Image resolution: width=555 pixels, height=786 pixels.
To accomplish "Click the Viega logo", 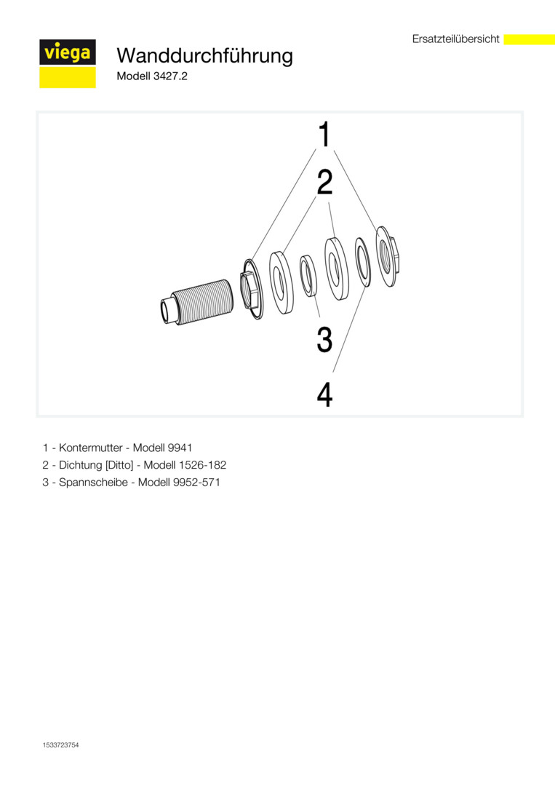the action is tap(68, 63).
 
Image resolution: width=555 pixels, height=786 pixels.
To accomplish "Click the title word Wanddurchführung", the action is tap(204, 55).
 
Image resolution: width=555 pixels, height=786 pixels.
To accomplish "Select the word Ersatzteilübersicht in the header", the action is tap(456, 39).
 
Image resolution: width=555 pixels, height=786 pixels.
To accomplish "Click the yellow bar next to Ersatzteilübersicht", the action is tap(529, 39).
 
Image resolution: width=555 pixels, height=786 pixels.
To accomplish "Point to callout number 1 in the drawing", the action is tap(325, 134).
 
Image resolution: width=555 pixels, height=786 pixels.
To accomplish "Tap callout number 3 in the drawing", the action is tap(324, 339).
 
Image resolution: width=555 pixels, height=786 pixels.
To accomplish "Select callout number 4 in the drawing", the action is tap(324, 394).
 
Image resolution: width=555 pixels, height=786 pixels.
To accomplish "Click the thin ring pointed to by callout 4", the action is tap(363, 262).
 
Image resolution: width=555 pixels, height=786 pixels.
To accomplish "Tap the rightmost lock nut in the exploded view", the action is tap(387, 256).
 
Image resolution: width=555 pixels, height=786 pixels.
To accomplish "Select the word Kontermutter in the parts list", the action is tap(91, 448).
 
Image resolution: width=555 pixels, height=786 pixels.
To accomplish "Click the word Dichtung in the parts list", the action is tap(80, 465).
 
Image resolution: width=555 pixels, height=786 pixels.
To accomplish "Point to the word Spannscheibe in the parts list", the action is tap(93, 483).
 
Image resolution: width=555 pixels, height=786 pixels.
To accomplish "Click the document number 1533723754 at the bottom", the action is tap(60, 745).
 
